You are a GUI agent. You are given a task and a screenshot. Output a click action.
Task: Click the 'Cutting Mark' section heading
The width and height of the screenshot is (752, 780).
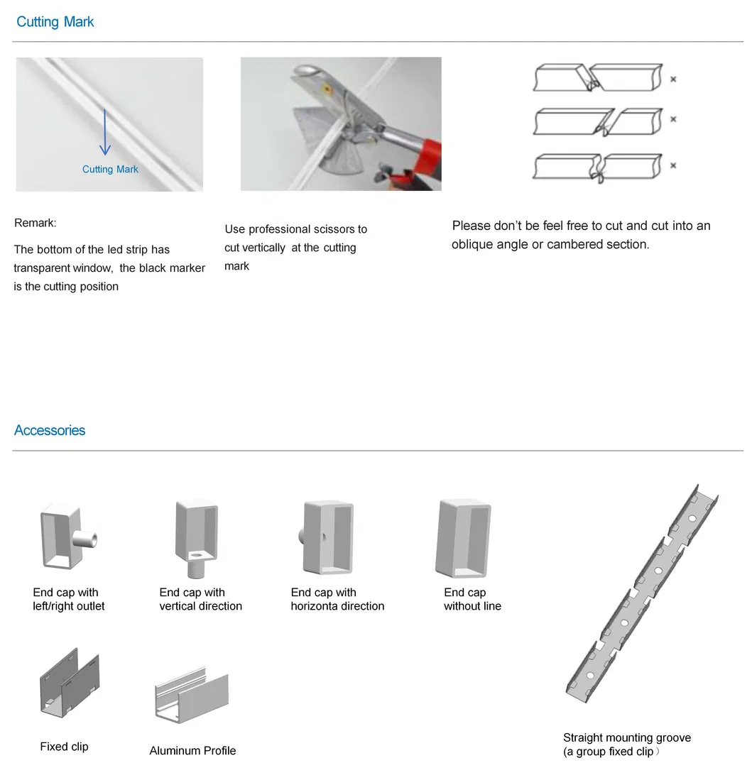[x=55, y=22]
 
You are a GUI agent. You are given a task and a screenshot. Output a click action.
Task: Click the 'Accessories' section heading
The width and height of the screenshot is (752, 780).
[x=50, y=431]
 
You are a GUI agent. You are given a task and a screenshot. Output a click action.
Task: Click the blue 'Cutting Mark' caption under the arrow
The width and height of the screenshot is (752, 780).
[x=110, y=169]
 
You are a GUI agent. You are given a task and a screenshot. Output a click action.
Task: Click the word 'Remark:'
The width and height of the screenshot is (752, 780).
[x=36, y=223]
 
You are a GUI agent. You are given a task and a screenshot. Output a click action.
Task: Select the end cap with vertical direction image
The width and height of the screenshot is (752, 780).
[x=195, y=537]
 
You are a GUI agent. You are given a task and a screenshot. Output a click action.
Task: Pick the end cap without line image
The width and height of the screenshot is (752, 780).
[x=464, y=537]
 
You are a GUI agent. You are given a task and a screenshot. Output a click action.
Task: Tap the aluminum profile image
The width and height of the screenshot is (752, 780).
[x=192, y=699]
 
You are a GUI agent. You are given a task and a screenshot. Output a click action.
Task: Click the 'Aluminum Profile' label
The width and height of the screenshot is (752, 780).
[x=192, y=751]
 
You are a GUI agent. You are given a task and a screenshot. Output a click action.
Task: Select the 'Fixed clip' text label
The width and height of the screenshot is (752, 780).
[x=64, y=747]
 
